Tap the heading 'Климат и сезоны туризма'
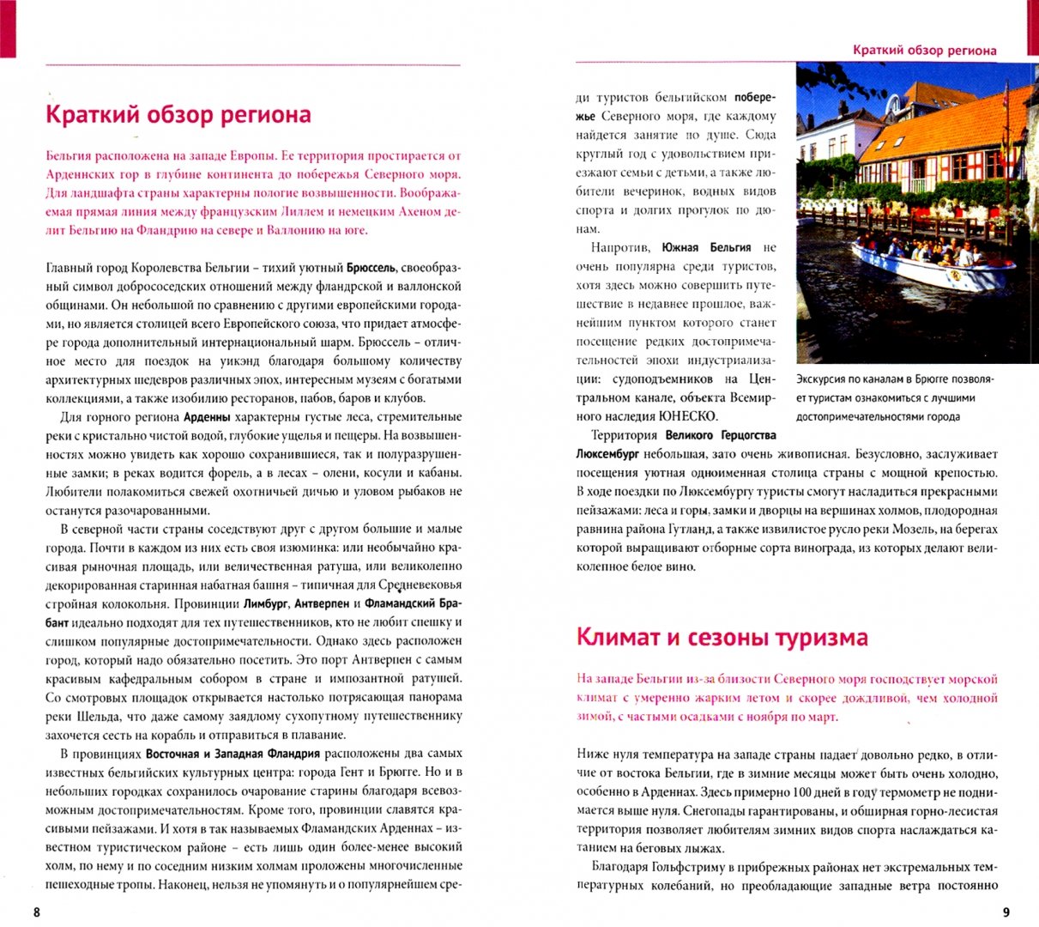[722, 637]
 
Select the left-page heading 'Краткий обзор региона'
[178, 115]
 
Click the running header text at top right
[924, 50]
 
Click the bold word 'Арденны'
[208, 418]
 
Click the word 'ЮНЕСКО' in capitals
[687, 416]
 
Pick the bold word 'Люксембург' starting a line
[607, 454]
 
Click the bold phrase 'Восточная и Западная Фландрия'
[233, 754]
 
